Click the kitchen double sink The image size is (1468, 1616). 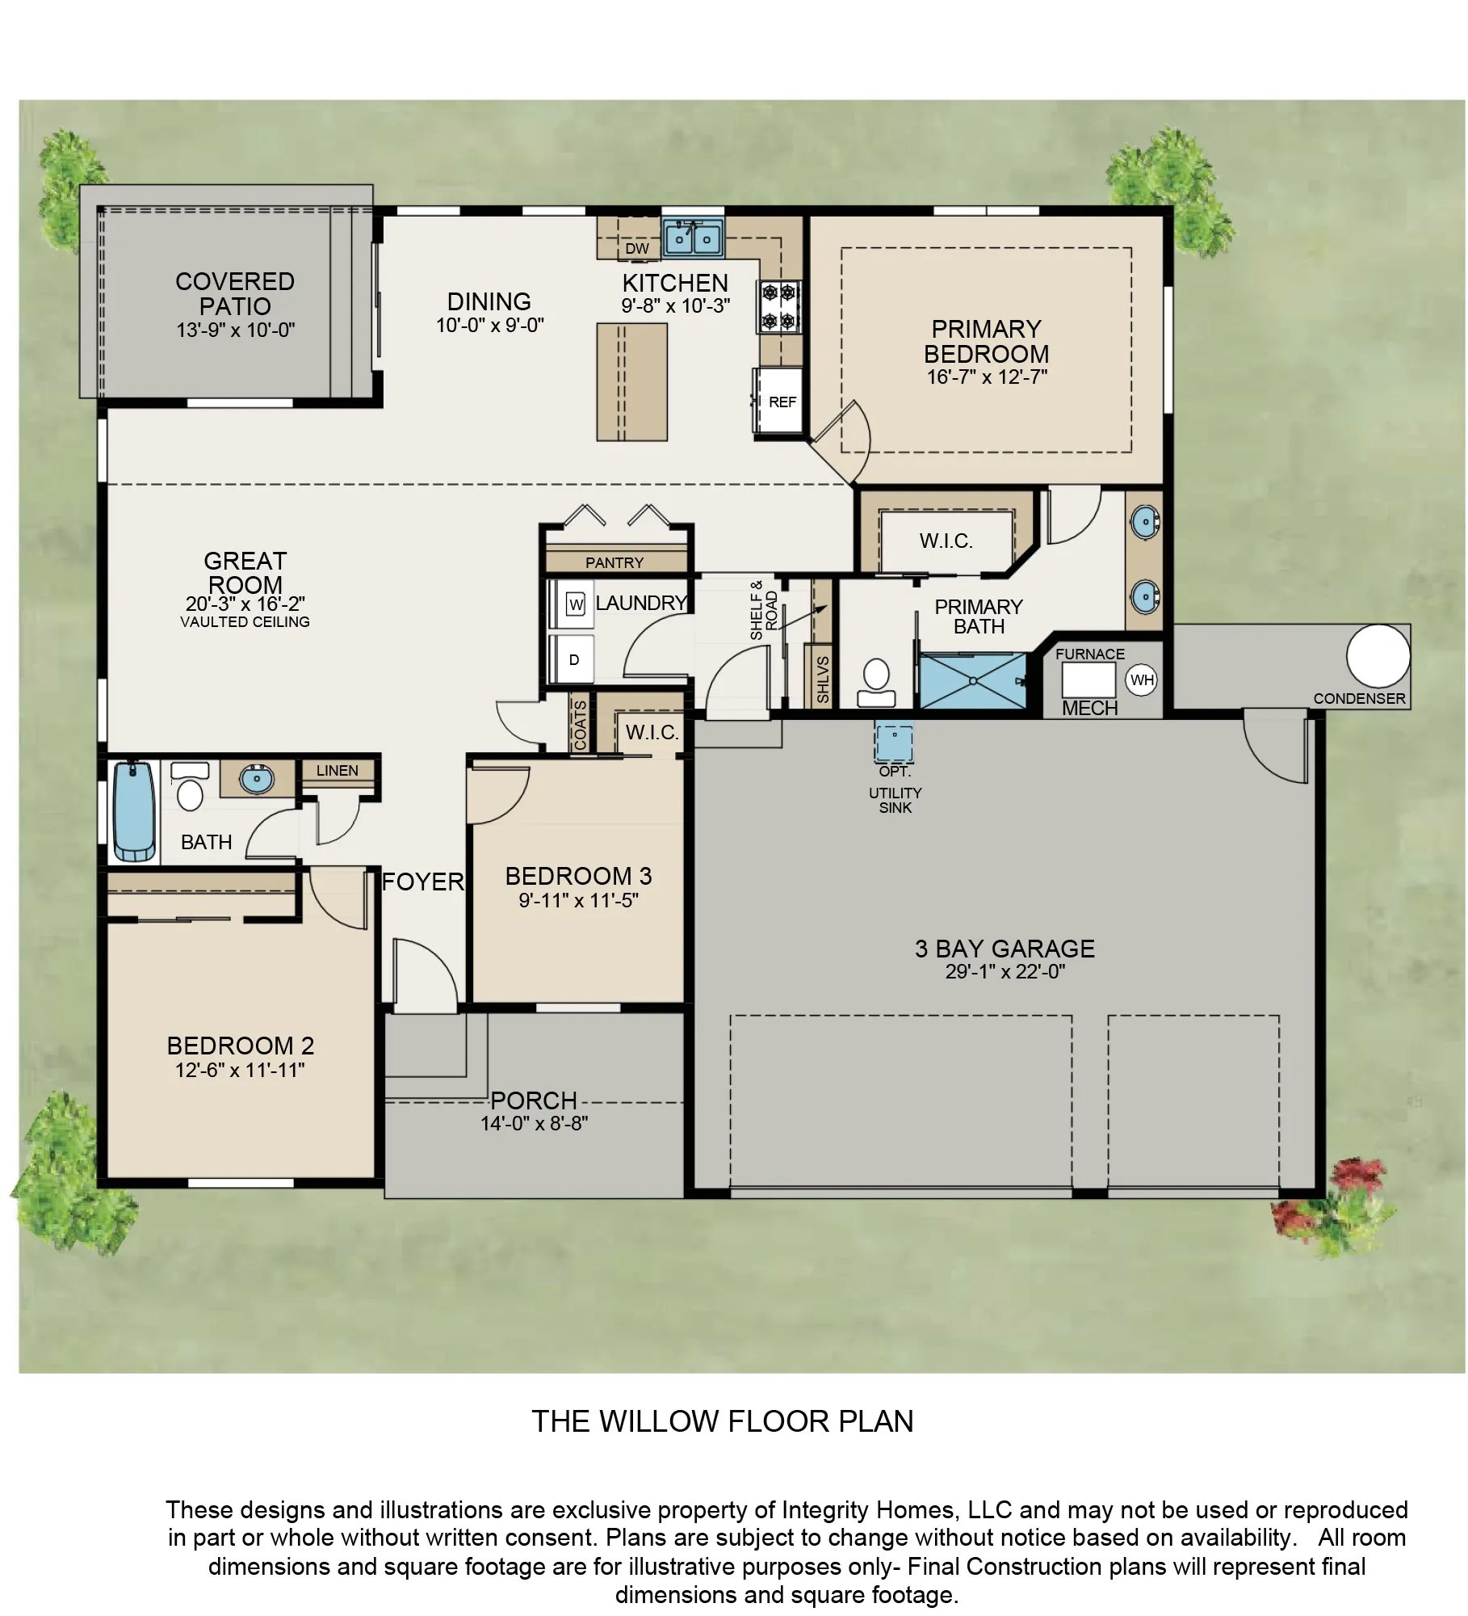693,238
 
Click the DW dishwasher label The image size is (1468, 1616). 637,249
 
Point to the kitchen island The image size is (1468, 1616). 632,382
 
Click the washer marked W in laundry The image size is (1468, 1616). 576,604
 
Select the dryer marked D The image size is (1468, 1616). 573,660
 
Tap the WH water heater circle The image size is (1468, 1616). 1141,680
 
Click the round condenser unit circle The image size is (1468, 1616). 1378,656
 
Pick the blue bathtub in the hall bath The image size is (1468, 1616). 134,811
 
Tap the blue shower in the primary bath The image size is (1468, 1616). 973,681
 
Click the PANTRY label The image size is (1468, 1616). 614,562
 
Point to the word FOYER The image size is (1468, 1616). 423,882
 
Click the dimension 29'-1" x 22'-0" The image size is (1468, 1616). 1005,972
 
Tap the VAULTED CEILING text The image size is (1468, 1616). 245,622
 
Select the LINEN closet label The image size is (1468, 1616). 337,771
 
